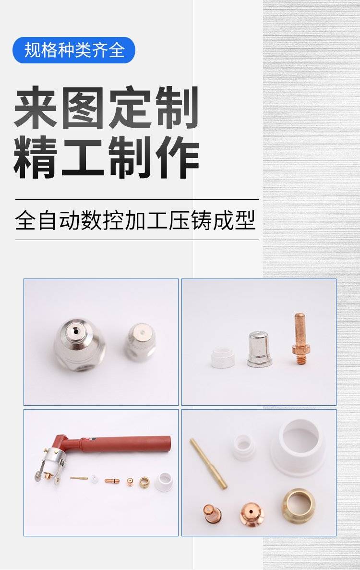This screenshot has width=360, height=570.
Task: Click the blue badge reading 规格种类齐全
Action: [74, 50]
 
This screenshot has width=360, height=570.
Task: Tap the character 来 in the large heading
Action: [36, 107]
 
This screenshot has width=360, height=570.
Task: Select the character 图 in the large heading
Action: [83, 107]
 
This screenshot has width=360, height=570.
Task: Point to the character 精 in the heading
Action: [35, 158]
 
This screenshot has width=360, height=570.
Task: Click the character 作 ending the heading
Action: [178, 158]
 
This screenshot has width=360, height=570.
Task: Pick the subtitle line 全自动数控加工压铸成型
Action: [135, 220]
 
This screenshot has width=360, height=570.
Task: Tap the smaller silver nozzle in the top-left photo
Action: [141, 342]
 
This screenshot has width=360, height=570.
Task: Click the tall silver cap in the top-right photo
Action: [258, 349]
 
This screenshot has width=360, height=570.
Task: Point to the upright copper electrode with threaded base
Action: [300, 339]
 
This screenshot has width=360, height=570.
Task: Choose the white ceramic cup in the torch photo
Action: [164, 482]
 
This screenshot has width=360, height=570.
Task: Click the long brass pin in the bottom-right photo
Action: [208, 463]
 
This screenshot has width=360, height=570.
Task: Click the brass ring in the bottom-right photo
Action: [299, 505]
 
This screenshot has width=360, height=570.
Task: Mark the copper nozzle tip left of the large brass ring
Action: [252, 514]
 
